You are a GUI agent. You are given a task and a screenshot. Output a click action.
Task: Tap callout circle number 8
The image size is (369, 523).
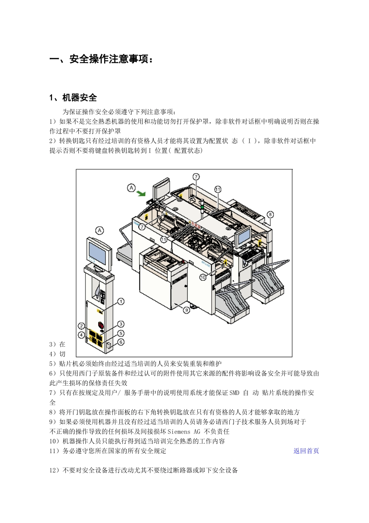coord(270,214)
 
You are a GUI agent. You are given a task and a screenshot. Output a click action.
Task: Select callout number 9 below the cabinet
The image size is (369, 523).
coord(186,310)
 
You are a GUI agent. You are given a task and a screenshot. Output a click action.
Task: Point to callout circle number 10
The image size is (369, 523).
coord(203,277)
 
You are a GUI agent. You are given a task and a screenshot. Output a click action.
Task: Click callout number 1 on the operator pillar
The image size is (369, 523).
coord(121,301)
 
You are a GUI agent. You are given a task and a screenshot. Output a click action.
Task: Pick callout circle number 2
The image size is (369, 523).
coord(81,326)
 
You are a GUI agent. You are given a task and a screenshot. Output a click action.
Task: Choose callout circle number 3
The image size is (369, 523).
coord(121,324)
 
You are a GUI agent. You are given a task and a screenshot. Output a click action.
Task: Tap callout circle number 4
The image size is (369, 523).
coord(81,335)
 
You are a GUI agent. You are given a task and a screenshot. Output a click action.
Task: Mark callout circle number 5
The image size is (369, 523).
coord(121,333)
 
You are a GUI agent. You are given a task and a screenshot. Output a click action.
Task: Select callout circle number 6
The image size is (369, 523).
coord(121,342)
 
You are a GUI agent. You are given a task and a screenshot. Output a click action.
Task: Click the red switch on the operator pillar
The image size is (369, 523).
coord(101,325)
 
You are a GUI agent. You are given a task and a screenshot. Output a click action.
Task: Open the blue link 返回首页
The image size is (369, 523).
coord(306,451)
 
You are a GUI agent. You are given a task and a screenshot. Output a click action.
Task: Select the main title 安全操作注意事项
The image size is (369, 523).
coord(109,60)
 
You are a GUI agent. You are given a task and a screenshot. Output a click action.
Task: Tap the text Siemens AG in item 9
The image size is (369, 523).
coord(184,432)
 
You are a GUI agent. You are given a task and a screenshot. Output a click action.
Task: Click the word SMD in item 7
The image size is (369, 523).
coord(234,393)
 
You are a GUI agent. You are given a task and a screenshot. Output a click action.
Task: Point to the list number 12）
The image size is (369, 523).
coord(56,470)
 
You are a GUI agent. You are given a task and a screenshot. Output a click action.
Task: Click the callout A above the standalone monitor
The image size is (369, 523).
coord(100,230)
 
